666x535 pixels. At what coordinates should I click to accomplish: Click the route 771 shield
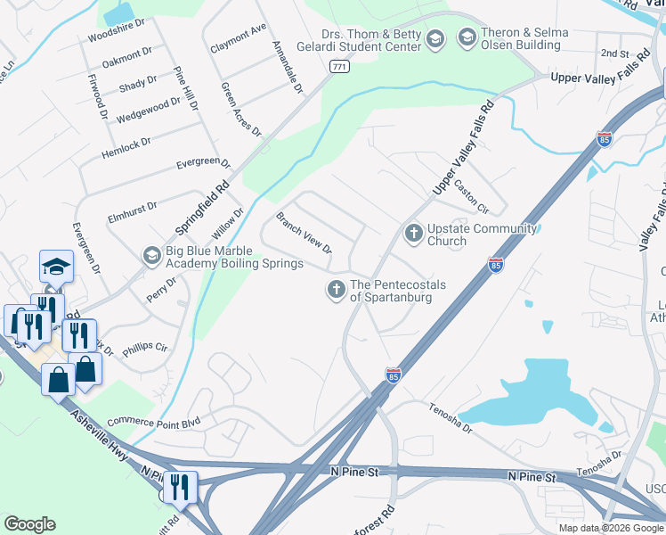pyautogui.click(x=337, y=67)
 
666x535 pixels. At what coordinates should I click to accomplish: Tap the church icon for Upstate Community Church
pyautogui.click(x=413, y=234)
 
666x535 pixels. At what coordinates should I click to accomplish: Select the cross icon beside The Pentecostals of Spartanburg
pyautogui.click(x=337, y=289)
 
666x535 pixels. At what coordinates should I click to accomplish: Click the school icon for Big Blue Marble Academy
pyautogui.click(x=152, y=256)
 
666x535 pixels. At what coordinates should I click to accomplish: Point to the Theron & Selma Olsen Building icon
pyautogui.click(x=467, y=37)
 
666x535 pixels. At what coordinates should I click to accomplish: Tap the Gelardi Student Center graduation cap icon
pyautogui.click(x=435, y=37)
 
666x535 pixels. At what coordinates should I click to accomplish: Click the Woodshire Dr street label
pyautogui.click(x=122, y=37)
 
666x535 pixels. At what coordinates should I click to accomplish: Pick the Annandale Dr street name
pyautogui.click(x=287, y=69)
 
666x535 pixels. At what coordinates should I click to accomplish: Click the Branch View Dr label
pyautogui.click(x=304, y=233)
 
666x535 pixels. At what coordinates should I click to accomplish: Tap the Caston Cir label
pyautogui.click(x=472, y=198)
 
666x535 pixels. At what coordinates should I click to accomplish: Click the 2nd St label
pyautogui.click(x=614, y=53)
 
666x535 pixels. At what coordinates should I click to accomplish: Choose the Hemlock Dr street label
pyautogui.click(x=126, y=144)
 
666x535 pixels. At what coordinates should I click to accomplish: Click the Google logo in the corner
pyautogui.click(x=29, y=524)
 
